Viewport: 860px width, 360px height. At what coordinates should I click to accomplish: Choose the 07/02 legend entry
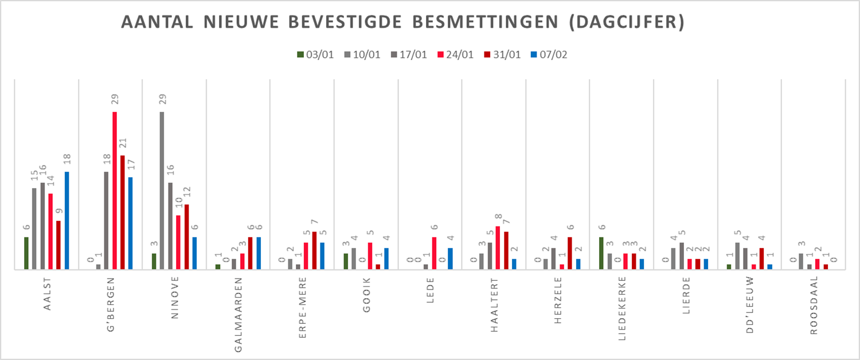[x=548, y=55]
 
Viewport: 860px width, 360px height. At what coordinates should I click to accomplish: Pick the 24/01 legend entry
[x=455, y=55]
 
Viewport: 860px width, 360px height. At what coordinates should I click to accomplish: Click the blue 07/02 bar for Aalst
[x=67, y=221]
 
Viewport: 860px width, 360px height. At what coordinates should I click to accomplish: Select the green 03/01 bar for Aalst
[x=26, y=253]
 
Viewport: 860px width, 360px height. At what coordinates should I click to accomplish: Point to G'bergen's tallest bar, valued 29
[x=115, y=190]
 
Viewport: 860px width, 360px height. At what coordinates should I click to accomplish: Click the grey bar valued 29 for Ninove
[x=162, y=190]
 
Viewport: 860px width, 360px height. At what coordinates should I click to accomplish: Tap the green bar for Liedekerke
[x=601, y=253]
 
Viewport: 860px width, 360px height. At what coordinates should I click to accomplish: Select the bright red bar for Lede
[x=435, y=253]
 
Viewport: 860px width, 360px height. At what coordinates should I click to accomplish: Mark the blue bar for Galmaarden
[x=259, y=253]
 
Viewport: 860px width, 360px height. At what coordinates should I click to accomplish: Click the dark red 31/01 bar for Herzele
[x=570, y=253]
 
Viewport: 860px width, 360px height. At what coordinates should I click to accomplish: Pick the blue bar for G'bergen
[x=131, y=223]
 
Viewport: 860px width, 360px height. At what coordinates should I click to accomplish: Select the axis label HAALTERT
[x=494, y=301]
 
